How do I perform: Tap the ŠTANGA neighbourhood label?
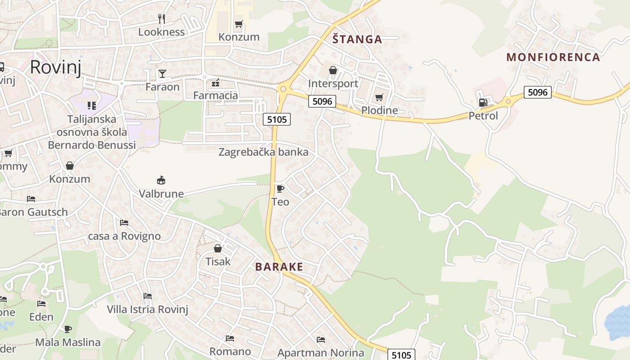coord(357,40)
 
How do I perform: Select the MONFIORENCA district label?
coord(553,57)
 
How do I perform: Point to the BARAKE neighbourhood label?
coord(279,267)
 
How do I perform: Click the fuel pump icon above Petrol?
coord(483,103)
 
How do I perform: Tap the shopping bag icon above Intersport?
coord(333,70)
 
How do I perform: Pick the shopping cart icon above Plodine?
coord(379,97)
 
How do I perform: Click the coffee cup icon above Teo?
coord(280,189)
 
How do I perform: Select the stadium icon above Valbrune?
coord(161,180)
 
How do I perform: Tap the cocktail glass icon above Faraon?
coord(162,73)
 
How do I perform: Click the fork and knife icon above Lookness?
coord(162,18)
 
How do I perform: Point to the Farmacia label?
coord(216,95)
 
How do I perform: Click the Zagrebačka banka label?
coord(263,152)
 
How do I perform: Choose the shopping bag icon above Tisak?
coord(218,248)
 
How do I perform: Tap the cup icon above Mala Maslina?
coord(68,329)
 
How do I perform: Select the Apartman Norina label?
coord(320,353)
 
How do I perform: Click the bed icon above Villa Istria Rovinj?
coord(147,296)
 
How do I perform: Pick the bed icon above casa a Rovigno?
coord(124,223)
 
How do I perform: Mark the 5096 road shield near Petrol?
coord(538,93)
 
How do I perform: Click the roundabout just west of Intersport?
coord(283,89)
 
